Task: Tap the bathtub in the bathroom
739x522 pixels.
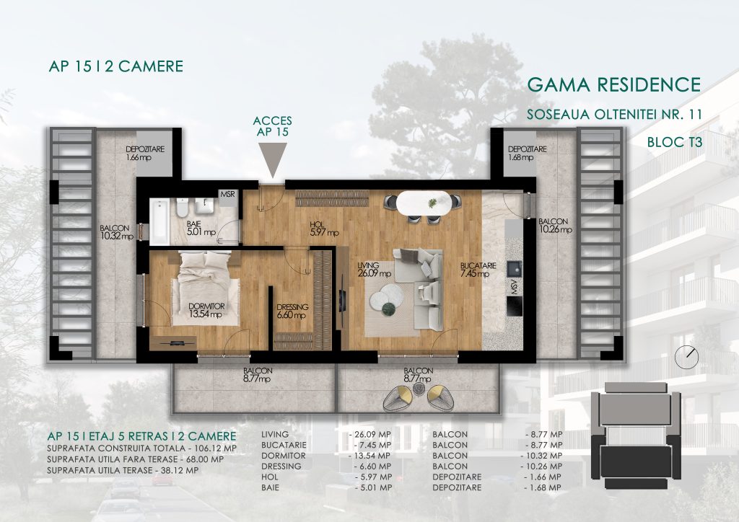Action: [x=159, y=221]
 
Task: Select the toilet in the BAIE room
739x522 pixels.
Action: [x=182, y=207]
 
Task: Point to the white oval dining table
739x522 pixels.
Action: [x=423, y=203]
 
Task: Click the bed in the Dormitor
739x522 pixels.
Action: [x=206, y=288]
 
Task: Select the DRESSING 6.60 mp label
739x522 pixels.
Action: [x=292, y=311]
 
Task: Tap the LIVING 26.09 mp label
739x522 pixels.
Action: [x=374, y=269]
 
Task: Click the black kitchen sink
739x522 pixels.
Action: [x=514, y=269]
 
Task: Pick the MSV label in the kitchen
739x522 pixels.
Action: [x=515, y=287]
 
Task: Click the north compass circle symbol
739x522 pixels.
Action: [x=686, y=358]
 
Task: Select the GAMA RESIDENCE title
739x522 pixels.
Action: [x=613, y=84]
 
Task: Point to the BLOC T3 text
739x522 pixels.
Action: [x=675, y=142]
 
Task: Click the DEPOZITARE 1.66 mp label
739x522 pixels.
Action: [x=144, y=153]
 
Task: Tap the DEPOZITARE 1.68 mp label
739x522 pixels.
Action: [x=527, y=153]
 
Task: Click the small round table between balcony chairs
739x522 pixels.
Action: [x=419, y=388]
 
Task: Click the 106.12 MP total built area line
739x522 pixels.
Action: [x=142, y=448]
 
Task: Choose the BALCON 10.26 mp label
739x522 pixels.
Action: [x=555, y=226]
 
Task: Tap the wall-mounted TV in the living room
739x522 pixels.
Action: [x=343, y=301]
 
